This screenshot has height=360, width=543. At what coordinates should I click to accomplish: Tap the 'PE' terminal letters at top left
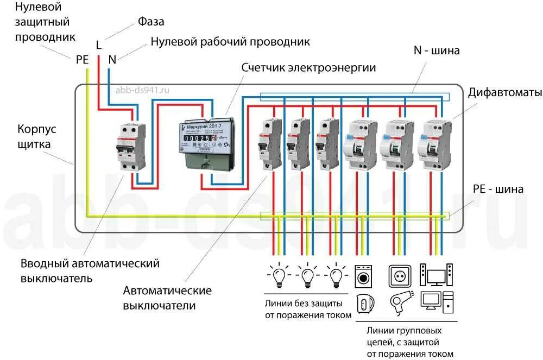click(x=82, y=60)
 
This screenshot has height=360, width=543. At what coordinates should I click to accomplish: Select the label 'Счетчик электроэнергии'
click(x=308, y=67)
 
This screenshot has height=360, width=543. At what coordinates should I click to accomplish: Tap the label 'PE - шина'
click(x=498, y=189)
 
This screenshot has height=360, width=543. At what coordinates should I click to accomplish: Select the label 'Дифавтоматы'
click(x=505, y=93)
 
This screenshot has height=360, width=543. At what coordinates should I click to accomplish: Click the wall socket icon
click(x=398, y=276)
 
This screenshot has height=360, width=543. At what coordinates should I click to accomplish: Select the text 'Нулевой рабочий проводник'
click(x=230, y=41)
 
